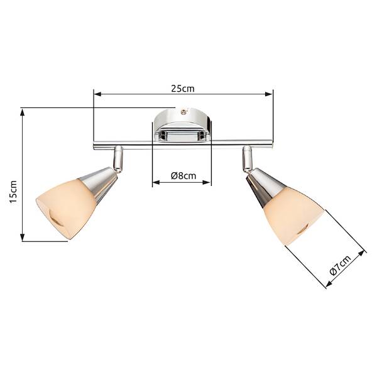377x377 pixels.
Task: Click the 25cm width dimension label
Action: (183, 89)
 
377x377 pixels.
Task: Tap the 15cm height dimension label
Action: (13, 192)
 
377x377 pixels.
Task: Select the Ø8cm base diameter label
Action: (183, 176)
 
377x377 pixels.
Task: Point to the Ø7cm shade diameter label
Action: (340, 265)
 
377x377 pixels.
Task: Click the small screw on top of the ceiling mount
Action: (183, 111)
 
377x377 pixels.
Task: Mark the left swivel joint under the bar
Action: (119, 159)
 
